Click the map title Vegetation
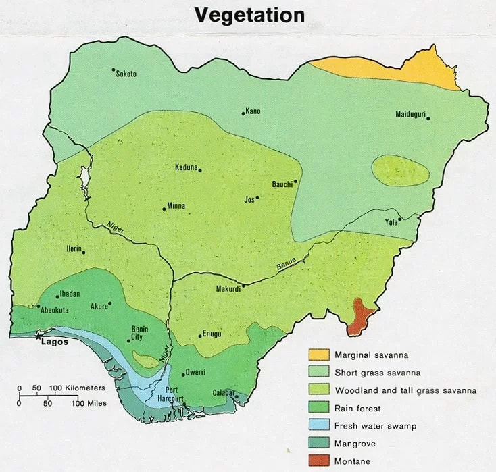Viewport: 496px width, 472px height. (x=249, y=16)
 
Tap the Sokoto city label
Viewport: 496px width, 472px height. (x=126, y=74)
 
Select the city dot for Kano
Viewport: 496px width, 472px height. (x=243, y=113)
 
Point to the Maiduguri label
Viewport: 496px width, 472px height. (x=410, y=114)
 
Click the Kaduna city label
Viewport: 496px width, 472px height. (x=186, y=167)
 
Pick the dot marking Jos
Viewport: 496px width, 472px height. (x=257, y=198)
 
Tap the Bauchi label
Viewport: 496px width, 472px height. (x=282, y=184)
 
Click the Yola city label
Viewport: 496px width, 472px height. (x=391, y=221)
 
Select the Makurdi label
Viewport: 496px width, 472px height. (x=228, y=289)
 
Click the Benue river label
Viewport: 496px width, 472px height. (x=287, y=265)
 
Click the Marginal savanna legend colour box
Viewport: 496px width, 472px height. (x=320, y=355)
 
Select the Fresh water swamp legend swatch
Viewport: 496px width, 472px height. (x=320, y=426)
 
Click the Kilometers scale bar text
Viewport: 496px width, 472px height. (x=86, y=388)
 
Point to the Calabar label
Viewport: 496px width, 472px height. (x=222, y=392)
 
